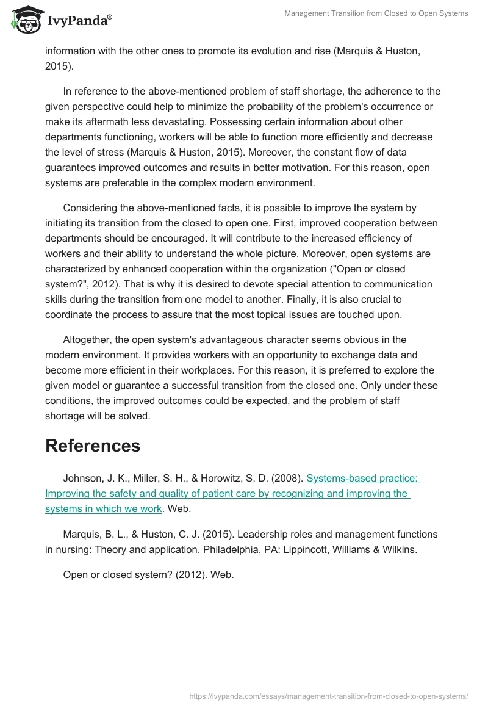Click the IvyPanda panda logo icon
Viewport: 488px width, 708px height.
(x=25, y=20)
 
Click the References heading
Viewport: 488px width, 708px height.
(x=93, y=446)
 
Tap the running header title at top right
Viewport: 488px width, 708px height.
(x=376, y=13)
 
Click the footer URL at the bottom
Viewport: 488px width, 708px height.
(x=329, y=695)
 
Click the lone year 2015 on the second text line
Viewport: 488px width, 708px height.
(x=57, y=66)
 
